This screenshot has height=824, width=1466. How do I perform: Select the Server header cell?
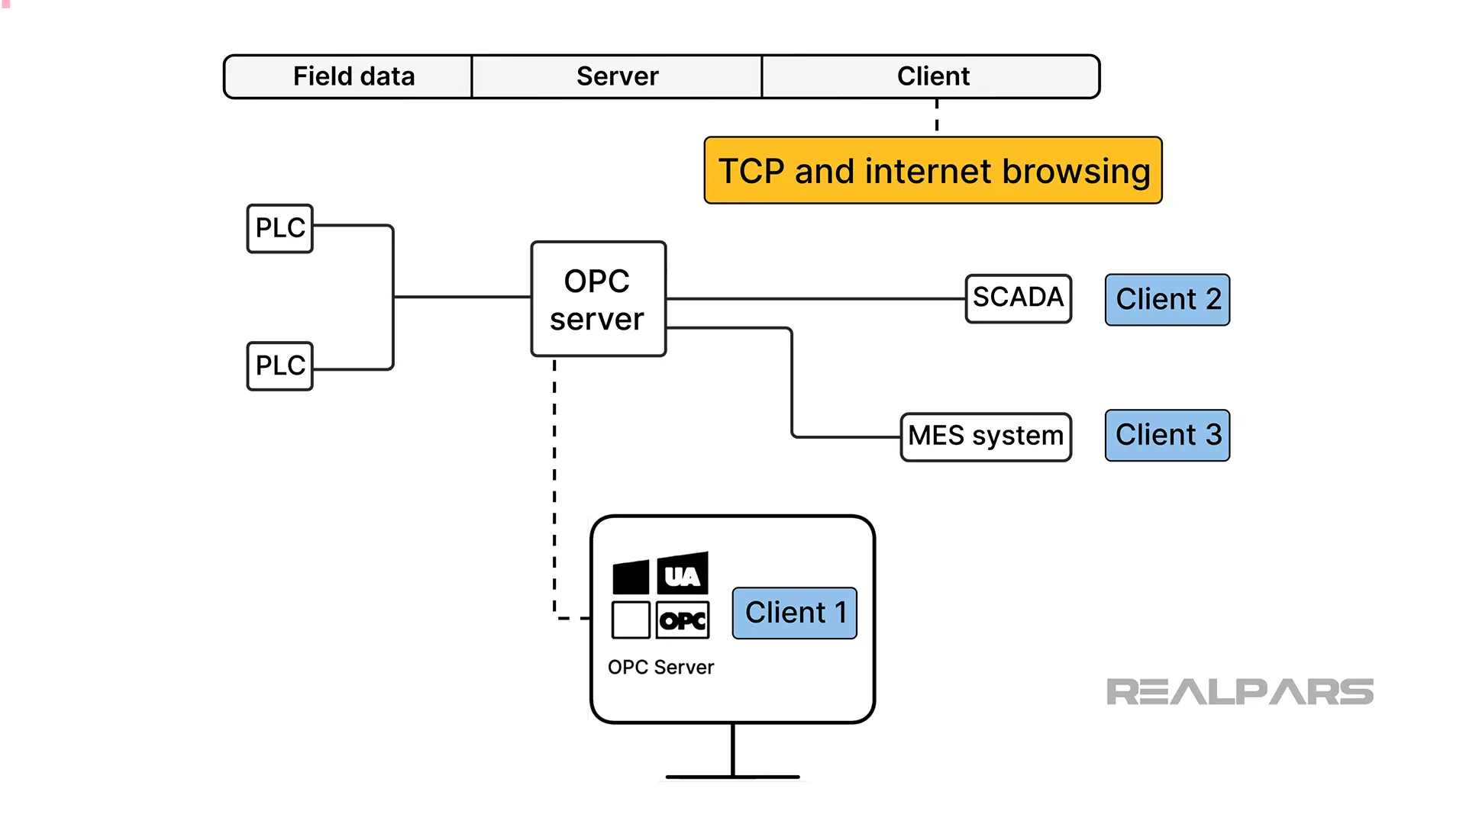[617, 76]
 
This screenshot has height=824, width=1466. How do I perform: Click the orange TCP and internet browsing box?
[933, 171]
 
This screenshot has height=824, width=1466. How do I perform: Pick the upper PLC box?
[279, 228]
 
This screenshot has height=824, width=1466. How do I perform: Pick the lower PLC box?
[279, 365]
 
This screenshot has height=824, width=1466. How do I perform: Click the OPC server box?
[598, 299]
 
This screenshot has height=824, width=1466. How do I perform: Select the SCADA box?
[1018, 298]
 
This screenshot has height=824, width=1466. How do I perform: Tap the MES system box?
[985, 436]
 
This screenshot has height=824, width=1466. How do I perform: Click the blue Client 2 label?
[1167, 300]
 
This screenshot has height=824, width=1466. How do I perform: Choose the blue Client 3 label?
[1167, 436]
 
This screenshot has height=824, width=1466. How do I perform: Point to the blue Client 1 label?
[794, 613]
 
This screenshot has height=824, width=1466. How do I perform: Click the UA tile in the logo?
[683, 575]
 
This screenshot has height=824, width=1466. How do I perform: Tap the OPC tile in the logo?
[683, 620]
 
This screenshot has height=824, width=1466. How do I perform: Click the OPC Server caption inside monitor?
[660, 668]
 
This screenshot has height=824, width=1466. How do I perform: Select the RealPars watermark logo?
[1239, 692]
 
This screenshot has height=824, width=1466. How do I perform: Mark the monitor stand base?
[732, 777]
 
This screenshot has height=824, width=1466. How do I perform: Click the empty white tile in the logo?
[631, 620]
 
